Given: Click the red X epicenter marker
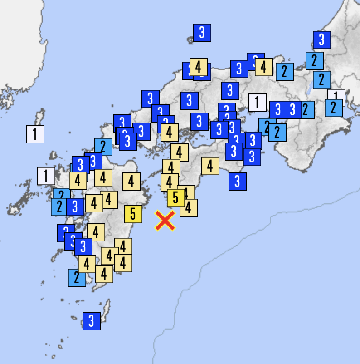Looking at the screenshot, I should tap(165, 221).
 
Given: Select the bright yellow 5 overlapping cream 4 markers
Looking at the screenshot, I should tap(175, 197).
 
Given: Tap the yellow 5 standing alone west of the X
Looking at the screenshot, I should tap(133, 214).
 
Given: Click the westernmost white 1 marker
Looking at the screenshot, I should tap(35, 134).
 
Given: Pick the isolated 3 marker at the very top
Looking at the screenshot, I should tap(202, 32).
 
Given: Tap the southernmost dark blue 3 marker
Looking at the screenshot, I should tap(91, 321).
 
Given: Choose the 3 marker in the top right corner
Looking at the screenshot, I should tap(321, 39).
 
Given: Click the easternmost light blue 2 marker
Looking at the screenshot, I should tap(333, 108).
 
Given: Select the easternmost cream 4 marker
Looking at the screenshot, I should tap(263, 67).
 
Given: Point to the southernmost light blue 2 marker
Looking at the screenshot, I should tap(77, 277).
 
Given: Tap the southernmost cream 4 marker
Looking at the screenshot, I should tap(104, 274).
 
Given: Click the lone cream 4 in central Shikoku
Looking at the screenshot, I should tap(210, 166).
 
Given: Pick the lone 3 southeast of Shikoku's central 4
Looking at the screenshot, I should tap(237, 181).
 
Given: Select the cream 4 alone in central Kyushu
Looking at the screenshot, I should tap(131, 182).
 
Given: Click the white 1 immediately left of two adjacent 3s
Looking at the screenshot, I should tap(257, 102).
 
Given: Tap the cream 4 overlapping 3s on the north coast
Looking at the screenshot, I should tap(198, 67).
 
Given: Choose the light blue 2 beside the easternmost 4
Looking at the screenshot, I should tap(284, 71).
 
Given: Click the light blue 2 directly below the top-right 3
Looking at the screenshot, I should tap(314, 60).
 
